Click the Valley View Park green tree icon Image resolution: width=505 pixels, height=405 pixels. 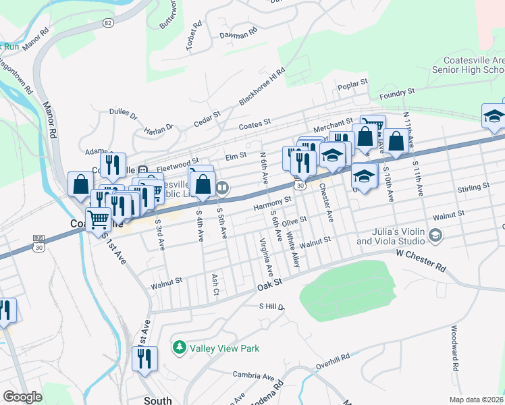pos(180,348)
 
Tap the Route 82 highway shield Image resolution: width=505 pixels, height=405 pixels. pos(108,22)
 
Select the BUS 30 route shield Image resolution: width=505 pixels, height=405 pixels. pos(39,244)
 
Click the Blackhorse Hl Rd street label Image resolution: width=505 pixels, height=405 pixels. pos(262,87)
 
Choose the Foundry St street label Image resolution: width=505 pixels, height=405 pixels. pos(396,94)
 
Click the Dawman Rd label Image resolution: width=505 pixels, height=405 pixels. pos(238,32)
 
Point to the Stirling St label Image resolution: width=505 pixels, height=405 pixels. pos(473,186)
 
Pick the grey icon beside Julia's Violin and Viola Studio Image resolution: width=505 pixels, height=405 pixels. pos(435,236)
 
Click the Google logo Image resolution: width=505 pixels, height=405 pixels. pos(23,397)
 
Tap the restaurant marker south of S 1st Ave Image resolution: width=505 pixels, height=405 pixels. pos(144,360)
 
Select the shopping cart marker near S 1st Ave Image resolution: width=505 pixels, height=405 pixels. pos(99,219)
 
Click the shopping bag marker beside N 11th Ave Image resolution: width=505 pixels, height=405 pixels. pos(396,141)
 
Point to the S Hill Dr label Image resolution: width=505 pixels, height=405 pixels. pos(273,306)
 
